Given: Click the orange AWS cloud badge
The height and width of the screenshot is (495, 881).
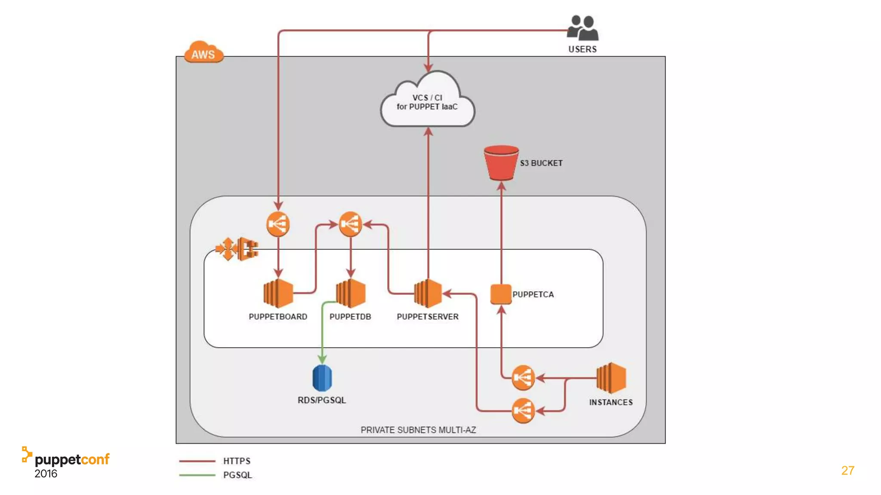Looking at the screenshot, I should [203, 53].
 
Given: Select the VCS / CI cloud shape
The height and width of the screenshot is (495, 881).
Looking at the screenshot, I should [428, 102].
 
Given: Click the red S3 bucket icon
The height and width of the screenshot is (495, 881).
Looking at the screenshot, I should [501, 162].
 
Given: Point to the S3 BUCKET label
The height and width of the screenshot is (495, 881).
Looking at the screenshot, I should [541, 163].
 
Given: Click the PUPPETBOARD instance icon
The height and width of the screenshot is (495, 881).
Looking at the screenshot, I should [278, 293].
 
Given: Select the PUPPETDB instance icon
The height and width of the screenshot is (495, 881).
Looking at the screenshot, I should [351, 293].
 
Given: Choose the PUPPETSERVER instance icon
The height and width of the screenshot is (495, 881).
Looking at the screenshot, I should [428, 293].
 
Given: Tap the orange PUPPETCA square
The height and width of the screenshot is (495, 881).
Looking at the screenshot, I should [501, 294].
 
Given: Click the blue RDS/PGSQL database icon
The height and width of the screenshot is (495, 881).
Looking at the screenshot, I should [322, 378].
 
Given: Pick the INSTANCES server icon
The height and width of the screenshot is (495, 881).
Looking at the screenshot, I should [611, 378].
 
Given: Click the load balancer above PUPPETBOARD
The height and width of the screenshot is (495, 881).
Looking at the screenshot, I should [278, 224].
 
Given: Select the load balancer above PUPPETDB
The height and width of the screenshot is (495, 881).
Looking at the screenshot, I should [350, 224].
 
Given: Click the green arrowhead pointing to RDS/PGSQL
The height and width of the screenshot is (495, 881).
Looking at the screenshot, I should [322, 359].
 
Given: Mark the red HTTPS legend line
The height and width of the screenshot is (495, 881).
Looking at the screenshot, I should [197, 461].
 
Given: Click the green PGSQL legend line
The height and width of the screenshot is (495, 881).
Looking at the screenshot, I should [197, 475].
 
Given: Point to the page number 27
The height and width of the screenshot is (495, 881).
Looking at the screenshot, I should [847, 471].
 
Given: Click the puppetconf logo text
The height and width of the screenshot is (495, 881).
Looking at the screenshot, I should [72, 460].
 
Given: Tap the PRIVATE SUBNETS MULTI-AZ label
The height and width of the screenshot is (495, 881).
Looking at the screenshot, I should [418, 430].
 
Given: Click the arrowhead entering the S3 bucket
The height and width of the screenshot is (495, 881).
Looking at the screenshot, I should [501, 186].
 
